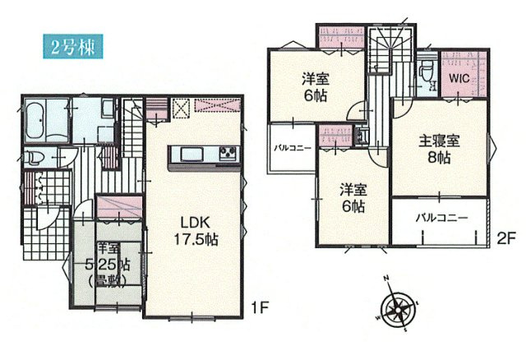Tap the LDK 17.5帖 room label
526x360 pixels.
195,230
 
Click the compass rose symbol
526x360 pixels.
397,311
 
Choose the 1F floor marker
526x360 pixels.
261,309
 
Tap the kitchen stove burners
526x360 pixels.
227,154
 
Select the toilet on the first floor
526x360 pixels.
30,158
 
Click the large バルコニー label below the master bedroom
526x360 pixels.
441,219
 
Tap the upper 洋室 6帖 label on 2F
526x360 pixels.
311,87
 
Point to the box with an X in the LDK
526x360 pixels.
182,107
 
